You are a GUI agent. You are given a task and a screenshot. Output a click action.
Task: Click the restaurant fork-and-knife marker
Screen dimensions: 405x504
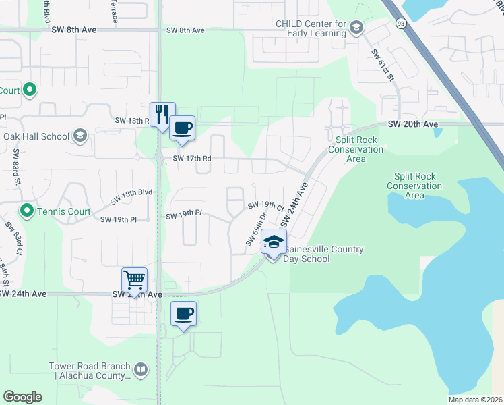point(162,114)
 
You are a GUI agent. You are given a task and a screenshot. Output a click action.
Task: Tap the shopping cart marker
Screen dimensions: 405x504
point(134,280)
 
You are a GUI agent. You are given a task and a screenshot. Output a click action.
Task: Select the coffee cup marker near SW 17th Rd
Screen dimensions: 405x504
point(181,128)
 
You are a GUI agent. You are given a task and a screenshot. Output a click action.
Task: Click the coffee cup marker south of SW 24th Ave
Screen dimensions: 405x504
point(183,314)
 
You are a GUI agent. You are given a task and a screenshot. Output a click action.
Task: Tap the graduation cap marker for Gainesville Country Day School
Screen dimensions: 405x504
point(274,242)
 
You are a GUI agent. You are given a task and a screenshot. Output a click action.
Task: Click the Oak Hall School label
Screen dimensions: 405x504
point(36,136)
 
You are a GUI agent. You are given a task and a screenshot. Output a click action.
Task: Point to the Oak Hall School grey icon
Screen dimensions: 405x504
point(80,136)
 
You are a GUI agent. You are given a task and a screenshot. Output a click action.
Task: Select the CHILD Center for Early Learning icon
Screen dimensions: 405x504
point(356,28)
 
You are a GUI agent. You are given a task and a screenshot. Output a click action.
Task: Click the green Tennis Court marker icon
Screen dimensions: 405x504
point(27,211)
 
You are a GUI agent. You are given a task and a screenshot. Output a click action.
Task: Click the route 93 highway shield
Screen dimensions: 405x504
point(401,24)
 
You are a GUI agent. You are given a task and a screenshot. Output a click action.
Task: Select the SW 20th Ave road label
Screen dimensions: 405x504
point(413,124)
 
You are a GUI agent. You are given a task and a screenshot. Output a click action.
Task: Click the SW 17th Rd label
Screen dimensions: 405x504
point(192,159)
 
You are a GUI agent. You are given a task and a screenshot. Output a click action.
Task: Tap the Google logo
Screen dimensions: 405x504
point(22,397)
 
